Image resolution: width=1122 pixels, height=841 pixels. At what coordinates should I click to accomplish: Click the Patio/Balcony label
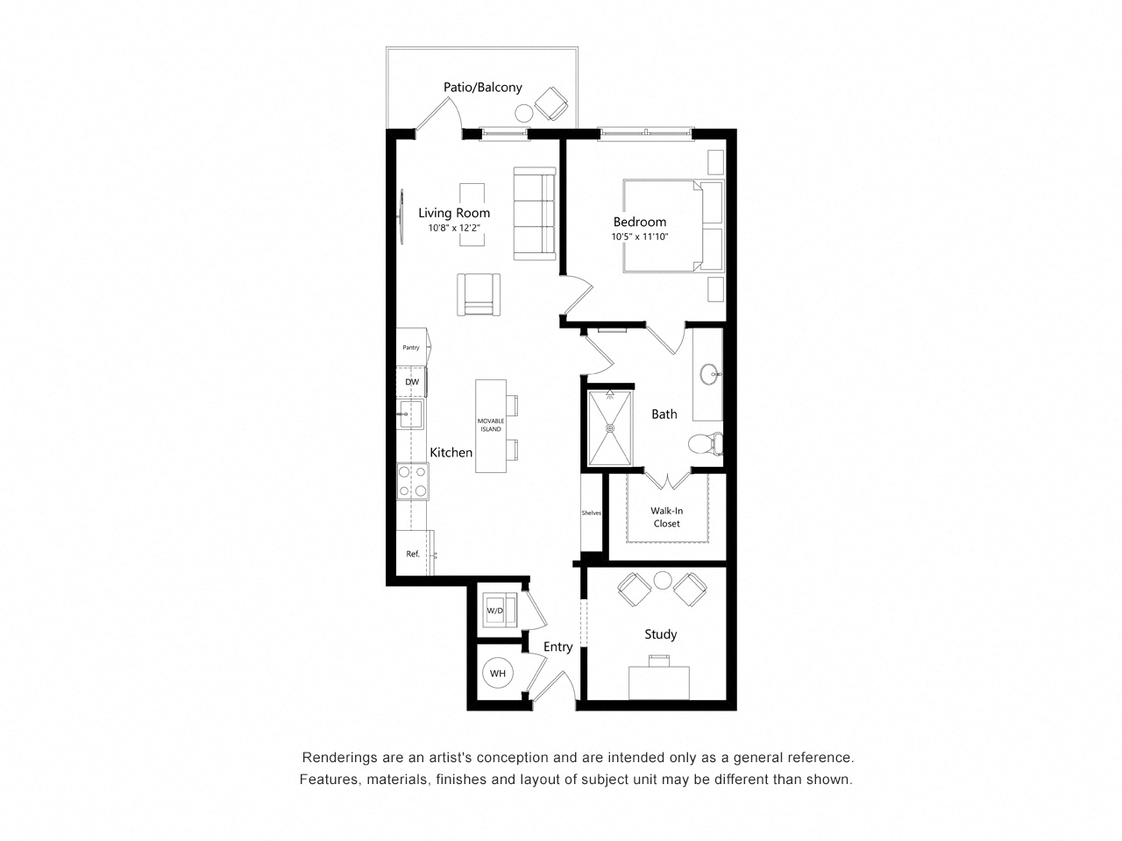[x=482, y=88]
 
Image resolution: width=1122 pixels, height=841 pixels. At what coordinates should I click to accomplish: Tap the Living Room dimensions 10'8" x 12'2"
[x=454, y=228]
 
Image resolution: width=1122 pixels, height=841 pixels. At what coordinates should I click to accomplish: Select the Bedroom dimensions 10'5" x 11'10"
[x=640, y=237]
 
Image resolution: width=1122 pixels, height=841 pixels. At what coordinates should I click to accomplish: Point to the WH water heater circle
[x=498, y=674]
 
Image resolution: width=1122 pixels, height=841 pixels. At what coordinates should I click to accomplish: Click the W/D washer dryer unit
[x=496, y=610]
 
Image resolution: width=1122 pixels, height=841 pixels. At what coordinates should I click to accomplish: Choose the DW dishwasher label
[x=412, y=383]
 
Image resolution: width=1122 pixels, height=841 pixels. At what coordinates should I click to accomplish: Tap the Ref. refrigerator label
[x=413, y=554]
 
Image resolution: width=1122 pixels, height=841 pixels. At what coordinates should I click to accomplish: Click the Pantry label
[x=411, y=348]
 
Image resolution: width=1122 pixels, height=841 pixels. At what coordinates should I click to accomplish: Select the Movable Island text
[x=490, y=425]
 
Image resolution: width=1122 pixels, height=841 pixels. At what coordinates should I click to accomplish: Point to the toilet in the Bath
[x=703, y=444]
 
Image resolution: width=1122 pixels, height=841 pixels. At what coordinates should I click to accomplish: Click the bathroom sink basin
[x=710, y=375]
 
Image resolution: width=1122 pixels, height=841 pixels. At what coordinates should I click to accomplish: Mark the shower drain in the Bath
[x=610, y=428]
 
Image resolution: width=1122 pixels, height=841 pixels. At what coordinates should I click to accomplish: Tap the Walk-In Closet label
[x=667, y=517]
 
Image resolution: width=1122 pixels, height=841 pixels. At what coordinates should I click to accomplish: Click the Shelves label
[x=592, y=513]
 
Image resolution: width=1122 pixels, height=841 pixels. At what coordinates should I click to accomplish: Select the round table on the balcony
[x=524, y=112]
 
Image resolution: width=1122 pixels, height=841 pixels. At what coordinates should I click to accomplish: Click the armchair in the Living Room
[x=479, y=294]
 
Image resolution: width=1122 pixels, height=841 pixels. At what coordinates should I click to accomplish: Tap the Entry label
[x=557, y=647]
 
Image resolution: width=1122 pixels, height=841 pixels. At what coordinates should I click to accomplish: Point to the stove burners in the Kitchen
[x=412, y=481]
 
